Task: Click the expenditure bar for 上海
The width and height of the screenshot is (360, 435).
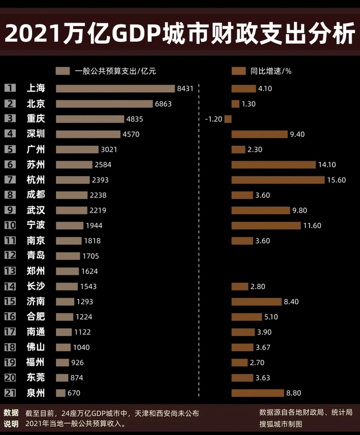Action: (x=115, y=89)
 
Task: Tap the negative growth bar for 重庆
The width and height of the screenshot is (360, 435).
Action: (x=228, y=119)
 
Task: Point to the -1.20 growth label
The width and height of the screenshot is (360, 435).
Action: (x=213, y=119)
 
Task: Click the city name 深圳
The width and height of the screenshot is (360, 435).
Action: (x=35, y=134)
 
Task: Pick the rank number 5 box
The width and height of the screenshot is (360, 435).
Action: (x=10, y=149)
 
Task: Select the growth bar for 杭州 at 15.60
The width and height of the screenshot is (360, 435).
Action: (x=278, y=180)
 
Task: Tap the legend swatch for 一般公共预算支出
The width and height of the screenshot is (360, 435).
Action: (x=63, y=72)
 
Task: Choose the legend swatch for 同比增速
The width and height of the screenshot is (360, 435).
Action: (x=239, y=72)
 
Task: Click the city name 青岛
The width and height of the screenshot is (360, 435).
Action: (x=35, y=256)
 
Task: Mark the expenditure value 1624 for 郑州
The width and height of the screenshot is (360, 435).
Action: (x=89, y=271)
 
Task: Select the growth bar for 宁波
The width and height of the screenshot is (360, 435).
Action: (x=266, y=225)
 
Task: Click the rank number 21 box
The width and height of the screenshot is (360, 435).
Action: (x=10, y=393)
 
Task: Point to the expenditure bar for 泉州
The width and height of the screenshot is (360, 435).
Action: (x=61, y=393)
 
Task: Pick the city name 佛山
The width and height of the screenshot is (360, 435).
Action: (x=35, y=347)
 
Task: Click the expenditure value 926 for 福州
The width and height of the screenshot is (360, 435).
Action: (x=78, y=362)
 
